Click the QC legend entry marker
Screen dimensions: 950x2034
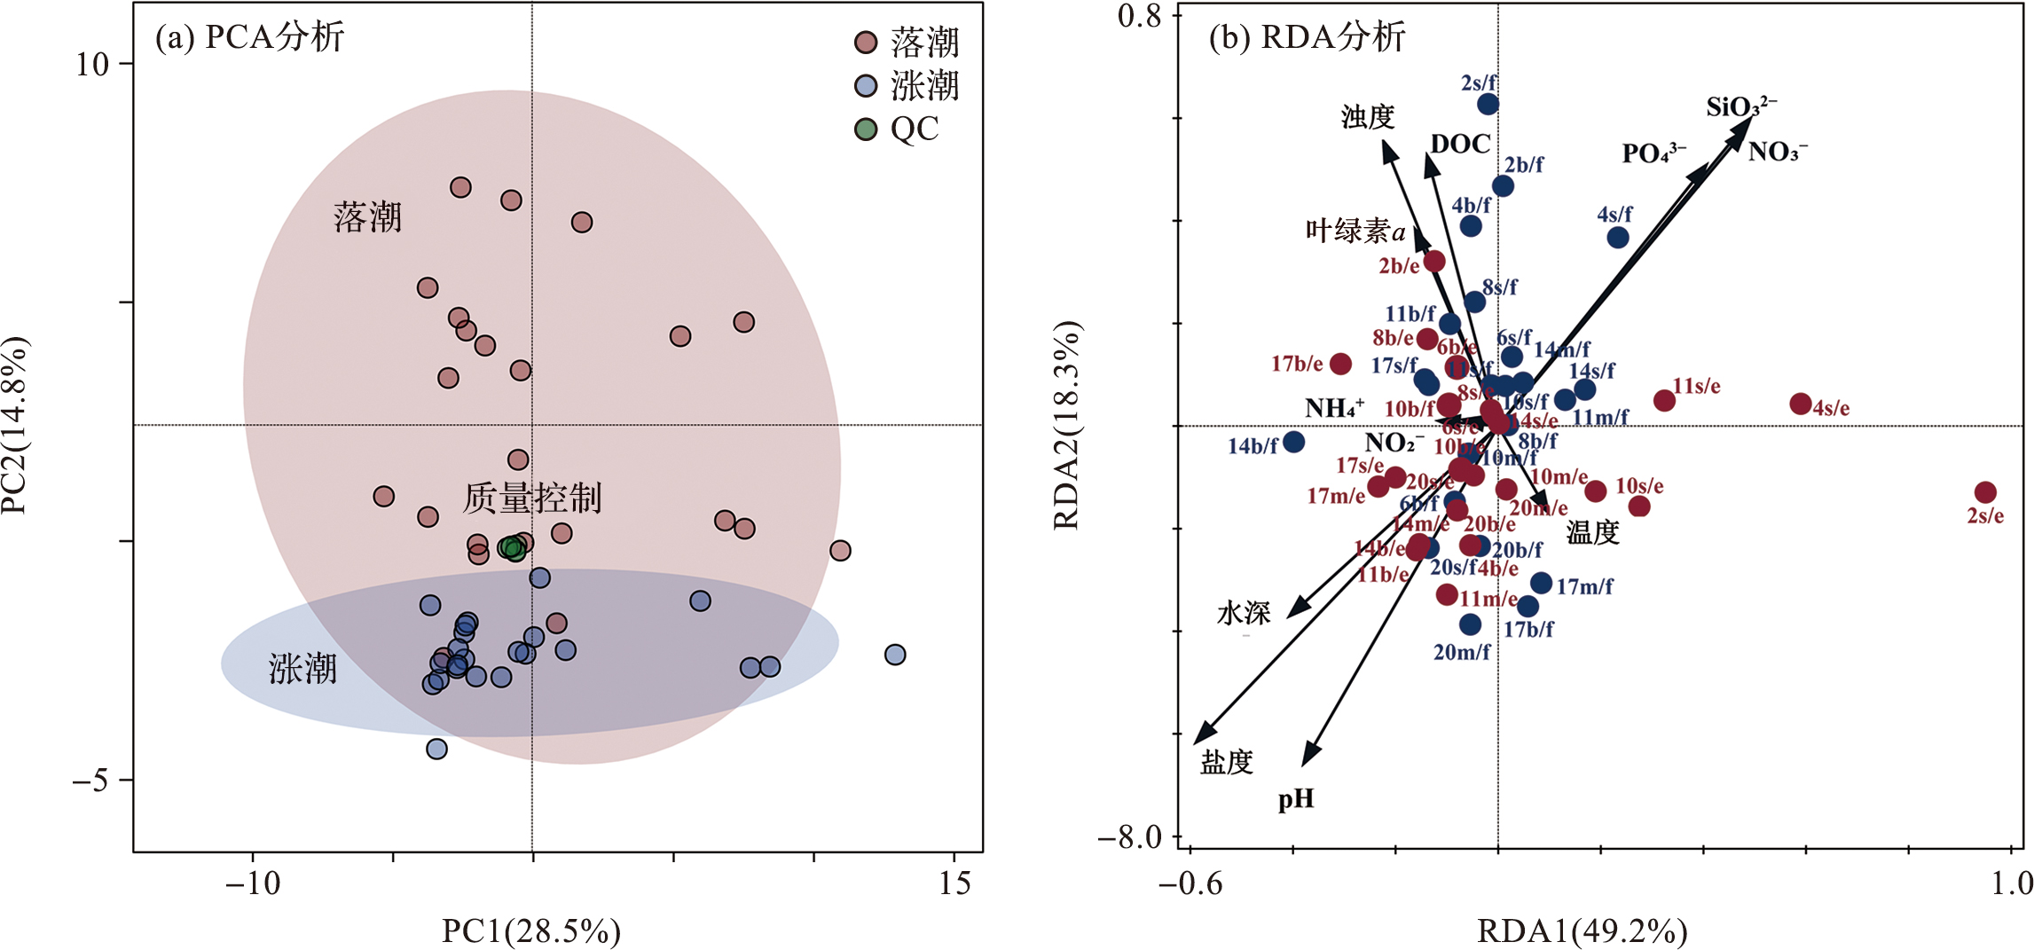tap(866, 130)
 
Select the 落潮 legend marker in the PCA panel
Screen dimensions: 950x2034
tap(866, 43)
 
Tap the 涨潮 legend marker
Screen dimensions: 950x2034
tap(866, 86)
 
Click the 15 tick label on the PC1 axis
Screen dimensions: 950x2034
tap(954, 883)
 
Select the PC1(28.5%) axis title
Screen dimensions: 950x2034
tap(531, 930)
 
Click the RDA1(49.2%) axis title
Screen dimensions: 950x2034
tap(1582, 930)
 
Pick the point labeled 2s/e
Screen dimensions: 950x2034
tap(1985, 492)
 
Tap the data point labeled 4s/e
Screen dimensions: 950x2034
tap(1800, 404)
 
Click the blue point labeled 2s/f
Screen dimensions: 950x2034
tap(1488, 105)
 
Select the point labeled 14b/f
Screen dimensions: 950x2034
tap(1294, 441)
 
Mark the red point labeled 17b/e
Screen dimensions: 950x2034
tap(1340, 364)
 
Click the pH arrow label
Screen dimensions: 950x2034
tap(1296, 800)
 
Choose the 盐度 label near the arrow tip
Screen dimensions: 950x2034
tap(1227, 762)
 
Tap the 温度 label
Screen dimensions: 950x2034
tap(1593, 532)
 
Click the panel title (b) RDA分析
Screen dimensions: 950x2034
tap(1307, 37)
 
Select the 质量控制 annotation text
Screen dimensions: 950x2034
tap(532, 499)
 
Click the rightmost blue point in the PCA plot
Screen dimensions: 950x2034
tap(895, 655)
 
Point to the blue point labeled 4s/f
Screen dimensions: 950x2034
tap(1618, 238)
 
